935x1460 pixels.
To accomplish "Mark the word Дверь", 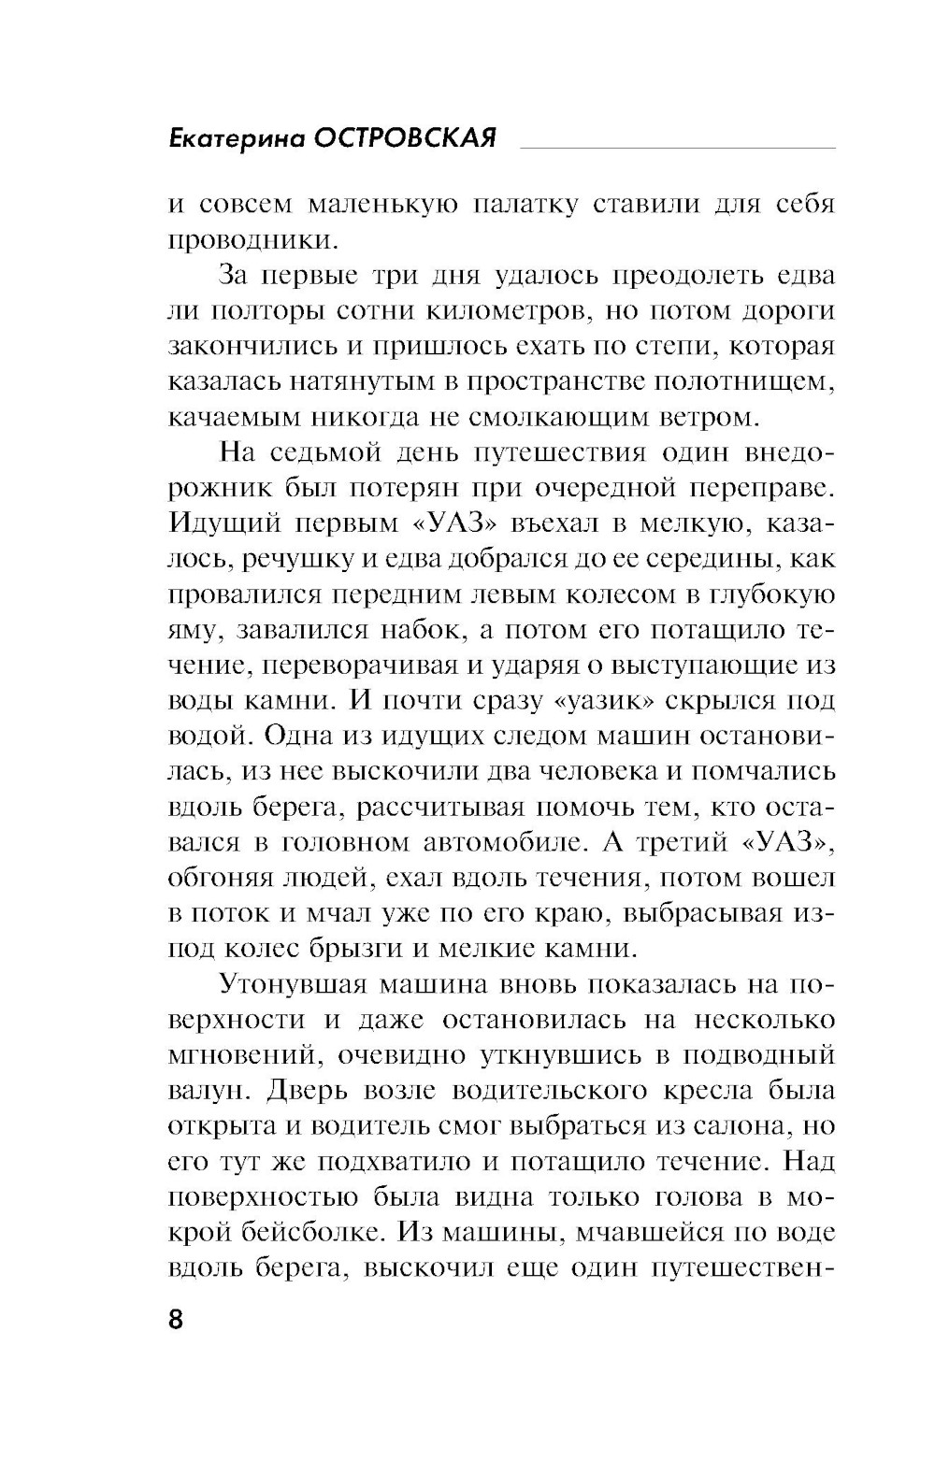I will coord(302,1091).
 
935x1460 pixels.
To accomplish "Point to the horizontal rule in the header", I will coord(677,147).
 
